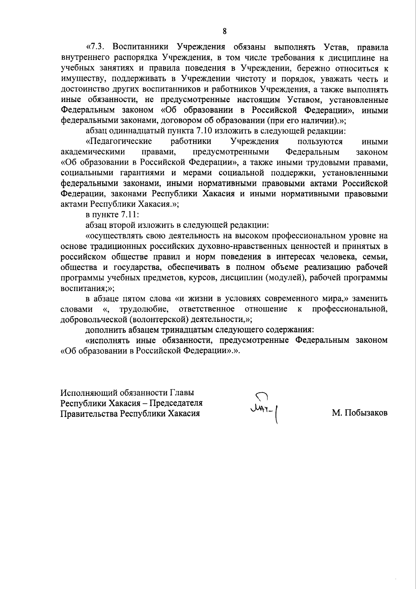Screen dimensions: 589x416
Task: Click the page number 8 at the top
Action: point(225,32)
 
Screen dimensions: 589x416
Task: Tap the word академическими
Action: point(93,152)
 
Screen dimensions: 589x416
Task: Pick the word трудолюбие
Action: point(144,309)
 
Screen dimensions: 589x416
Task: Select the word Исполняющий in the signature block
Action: point(89,393)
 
